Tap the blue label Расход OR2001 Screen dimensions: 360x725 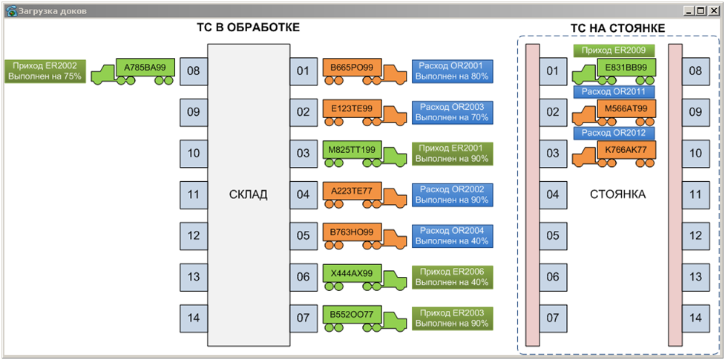click(x=452, y=71)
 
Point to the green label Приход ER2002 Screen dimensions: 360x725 click(x=45, y=71)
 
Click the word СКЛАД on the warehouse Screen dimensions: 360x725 click(x=248, y=194)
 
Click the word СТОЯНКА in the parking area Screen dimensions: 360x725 click(x=617, y=194)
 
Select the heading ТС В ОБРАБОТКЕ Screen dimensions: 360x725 click(x=248, y=27)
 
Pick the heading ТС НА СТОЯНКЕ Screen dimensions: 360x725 click(x=617, y=28)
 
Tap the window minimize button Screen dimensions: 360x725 click(x=690, y=10)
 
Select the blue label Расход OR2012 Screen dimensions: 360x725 click(x=614, y=133)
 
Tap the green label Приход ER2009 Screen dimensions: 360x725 click(x=614, y=50)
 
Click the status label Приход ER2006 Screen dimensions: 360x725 click(x=452, y=277)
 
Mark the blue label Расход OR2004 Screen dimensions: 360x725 click(x=452, y=235)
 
